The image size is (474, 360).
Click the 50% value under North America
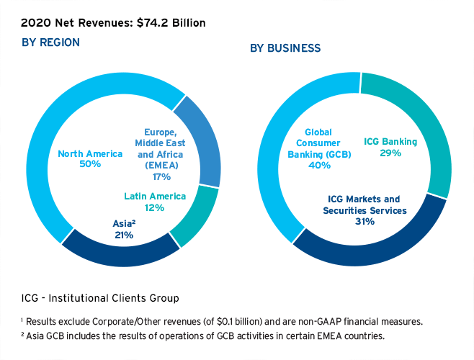(89, 164)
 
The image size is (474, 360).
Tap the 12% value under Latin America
(155, 207)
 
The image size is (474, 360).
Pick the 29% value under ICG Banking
(390, 154)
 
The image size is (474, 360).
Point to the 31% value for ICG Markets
(365, 222)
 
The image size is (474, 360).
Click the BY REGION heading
(50, 42)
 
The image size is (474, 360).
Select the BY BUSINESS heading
(285, 48)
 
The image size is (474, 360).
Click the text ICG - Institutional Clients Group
(100, 297)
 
